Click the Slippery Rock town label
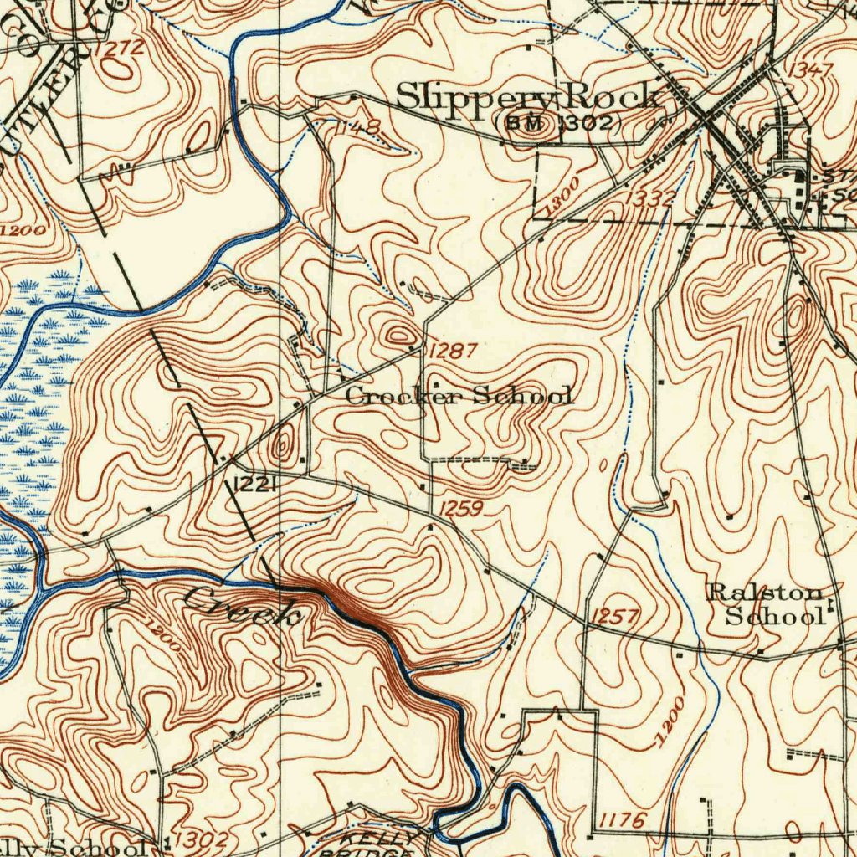click(527, 97)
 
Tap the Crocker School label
click(459, 396)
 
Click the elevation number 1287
click(452, 352)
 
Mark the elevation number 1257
click(615, 618)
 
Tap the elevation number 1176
click(621, 821)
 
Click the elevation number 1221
click(255, 484)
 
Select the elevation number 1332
click(649, 198)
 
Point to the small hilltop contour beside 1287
click(396, 336)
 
